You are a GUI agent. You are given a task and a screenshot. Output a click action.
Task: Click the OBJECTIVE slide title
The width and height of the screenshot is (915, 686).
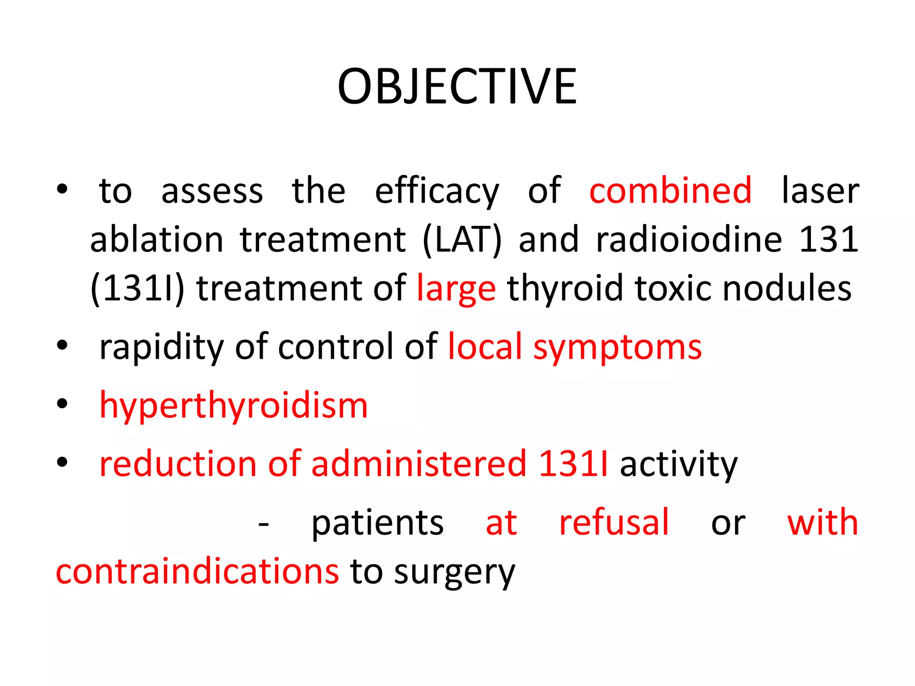click(457, 87)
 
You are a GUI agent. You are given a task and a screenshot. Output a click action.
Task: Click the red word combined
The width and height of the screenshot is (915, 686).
click(670, 191)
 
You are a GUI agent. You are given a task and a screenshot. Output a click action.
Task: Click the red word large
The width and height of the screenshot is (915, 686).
click(456, 289)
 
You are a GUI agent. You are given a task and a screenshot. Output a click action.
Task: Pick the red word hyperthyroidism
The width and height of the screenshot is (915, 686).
click(233, 406)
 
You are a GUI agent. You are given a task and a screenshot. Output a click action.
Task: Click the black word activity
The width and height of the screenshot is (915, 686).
click(679, 464)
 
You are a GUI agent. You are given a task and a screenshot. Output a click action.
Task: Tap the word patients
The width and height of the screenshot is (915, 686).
click(378, 523)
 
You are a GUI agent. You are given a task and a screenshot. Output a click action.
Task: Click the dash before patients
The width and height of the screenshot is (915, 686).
click(264, 524)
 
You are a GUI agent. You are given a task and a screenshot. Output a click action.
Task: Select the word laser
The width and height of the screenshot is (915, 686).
click(820, 191)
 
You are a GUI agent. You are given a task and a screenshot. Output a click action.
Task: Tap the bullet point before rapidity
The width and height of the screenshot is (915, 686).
click(62, 345)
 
